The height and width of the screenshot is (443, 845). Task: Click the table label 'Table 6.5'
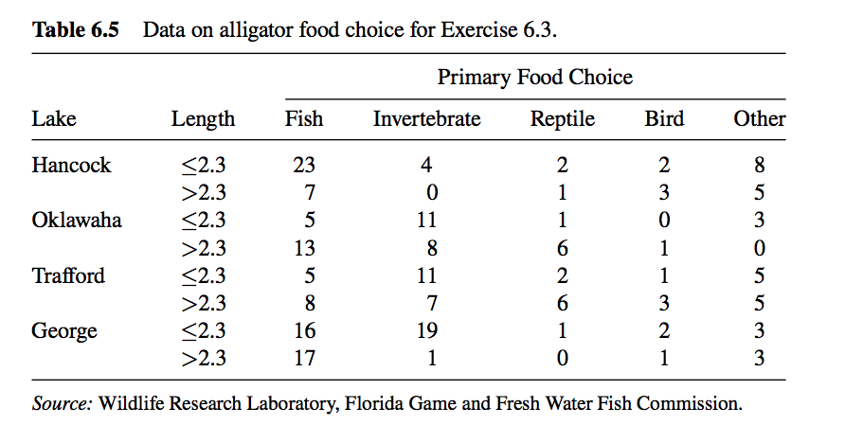click(76, 29)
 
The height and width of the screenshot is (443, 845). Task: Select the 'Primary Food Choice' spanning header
click(534, 77)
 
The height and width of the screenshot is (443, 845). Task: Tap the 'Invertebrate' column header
click(426, 119)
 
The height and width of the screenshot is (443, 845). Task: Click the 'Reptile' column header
click(562, 119)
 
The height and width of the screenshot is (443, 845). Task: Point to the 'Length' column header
click(203, 119)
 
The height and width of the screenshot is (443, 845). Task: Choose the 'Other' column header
click(759, 119)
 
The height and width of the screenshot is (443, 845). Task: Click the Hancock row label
click(71, 166)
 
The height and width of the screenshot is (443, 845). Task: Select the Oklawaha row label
click(77, 221)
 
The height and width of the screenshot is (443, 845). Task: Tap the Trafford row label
click(68, 276)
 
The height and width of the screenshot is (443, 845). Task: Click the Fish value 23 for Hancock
click(304, 166)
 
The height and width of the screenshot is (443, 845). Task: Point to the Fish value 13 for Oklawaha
click(304, 249)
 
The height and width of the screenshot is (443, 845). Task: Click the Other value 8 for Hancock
click(759, 166)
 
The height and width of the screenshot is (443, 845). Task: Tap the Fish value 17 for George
click(304, 360)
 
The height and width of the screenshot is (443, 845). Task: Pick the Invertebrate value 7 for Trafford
click(426, 305)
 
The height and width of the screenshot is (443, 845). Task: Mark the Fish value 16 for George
click(304, 332)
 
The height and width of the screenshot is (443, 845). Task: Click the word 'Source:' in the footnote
click(62, 403)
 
